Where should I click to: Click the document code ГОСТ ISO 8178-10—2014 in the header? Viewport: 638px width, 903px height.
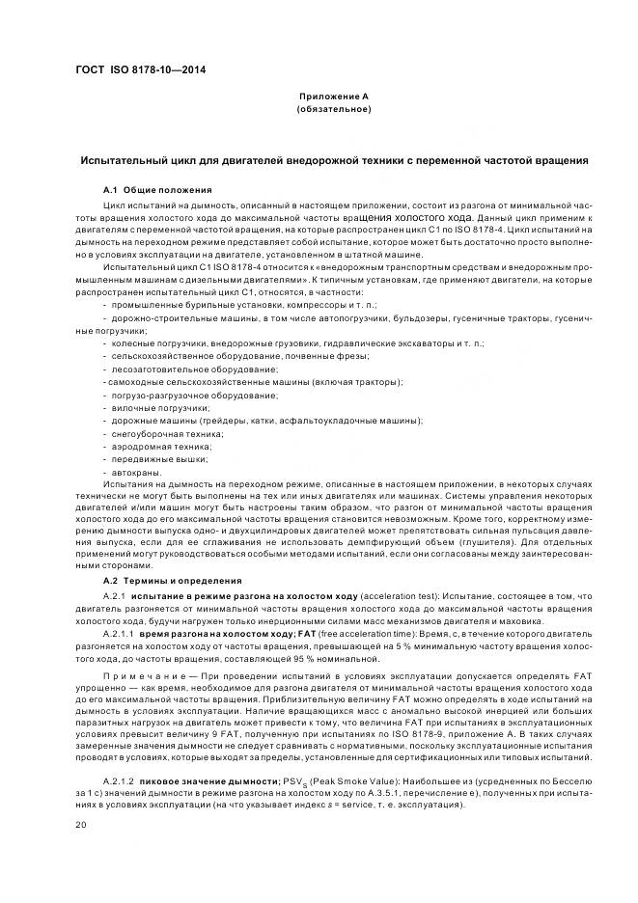tap(141, 70)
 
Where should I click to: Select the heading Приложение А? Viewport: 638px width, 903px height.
tap(333, 97)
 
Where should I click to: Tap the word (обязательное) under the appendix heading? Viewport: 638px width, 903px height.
tap(333, 110)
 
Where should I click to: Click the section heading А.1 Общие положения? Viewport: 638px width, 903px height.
tap(157, 189)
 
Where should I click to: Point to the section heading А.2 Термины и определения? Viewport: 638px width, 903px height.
tap(172, 582)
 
